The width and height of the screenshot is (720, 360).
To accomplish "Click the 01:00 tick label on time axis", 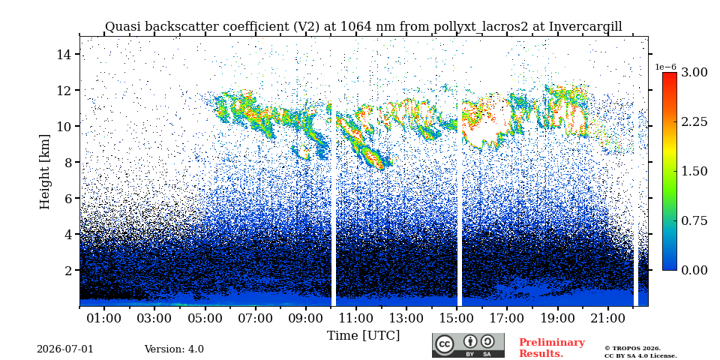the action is coord(104,318).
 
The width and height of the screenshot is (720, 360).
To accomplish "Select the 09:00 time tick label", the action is coord(306,318).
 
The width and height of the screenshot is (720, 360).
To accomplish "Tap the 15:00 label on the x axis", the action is coord(457,318).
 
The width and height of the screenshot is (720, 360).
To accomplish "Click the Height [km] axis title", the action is coord(44,172).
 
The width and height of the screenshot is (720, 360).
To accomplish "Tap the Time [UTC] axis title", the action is coord(363,336).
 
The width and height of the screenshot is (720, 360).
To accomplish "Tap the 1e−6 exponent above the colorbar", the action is coord(665,67).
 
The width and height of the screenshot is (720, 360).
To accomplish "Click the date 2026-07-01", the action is coord(65,349).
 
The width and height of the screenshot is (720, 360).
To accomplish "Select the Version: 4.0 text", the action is coord(174,349).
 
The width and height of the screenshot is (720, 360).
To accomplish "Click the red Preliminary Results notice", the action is coord(552,348).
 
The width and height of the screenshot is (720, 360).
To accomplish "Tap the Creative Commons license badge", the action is coord(468,345).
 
